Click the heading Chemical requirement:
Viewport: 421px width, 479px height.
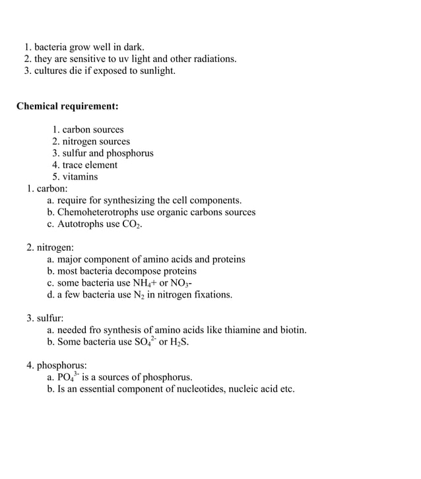pyautogui.click(x=67, y=106)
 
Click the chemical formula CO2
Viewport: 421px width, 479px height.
pyautogui.click(x=132, y=225)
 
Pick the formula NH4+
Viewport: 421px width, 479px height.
pyautogui.click(x=146, y=283)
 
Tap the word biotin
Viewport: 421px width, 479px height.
pyautogui.click(x=292, y=330)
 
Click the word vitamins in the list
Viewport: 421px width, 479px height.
pyautogui.click(x=81, y=177)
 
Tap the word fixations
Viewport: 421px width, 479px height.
pyautogui.click(x=210, y=295)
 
